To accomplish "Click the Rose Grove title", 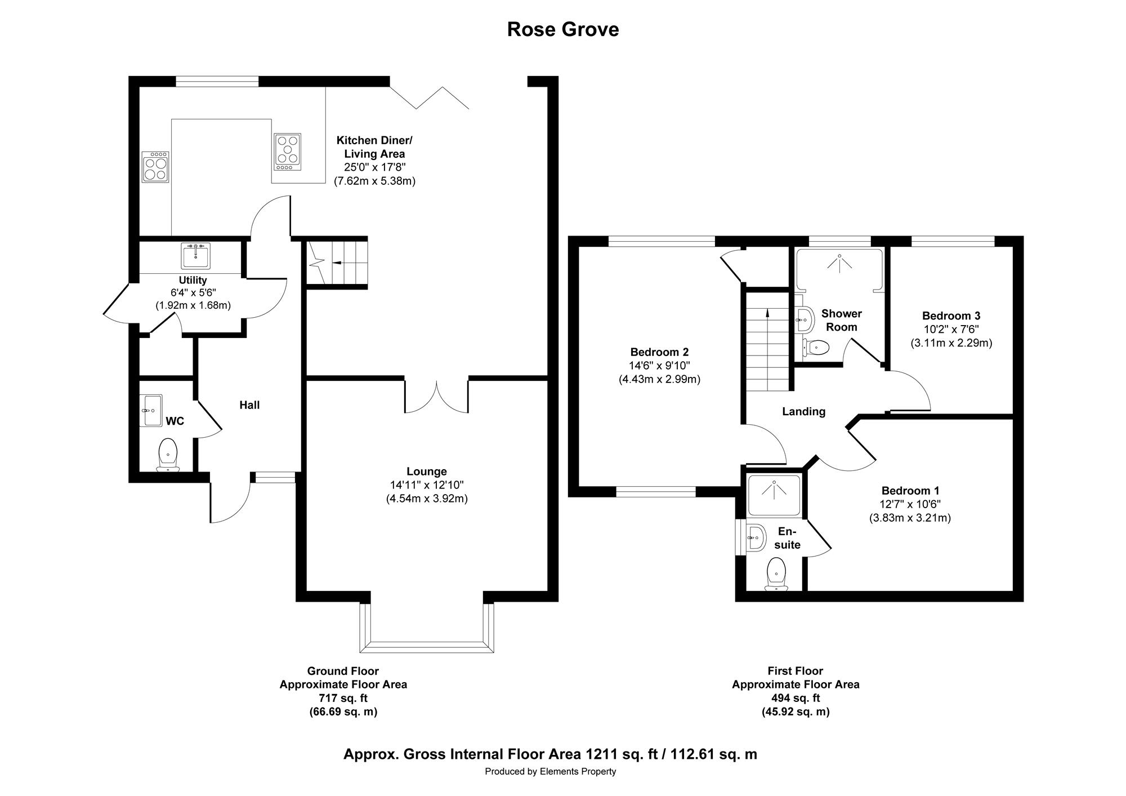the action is (x=563, y=29).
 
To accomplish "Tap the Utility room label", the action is (x=193, y=280).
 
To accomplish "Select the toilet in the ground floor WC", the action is (x=168, y=455).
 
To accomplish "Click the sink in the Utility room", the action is (x=195, y=256).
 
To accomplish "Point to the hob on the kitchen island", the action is (x=287, y=152).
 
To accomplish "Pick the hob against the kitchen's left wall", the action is (x=155, y=167).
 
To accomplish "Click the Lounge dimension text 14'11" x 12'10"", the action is (x=427, y=485).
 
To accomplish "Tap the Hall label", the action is (x=249, y=404).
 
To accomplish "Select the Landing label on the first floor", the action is (x=803, y=411).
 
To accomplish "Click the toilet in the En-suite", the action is (x=776, y=573).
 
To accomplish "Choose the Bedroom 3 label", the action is (x=951, y=315).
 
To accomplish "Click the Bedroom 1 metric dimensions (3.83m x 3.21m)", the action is (x=910, y=518).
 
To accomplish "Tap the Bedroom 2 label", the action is (x=659, y=352).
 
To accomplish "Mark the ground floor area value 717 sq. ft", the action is (x=343, y=698).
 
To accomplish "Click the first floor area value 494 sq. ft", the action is (x=796, y=698).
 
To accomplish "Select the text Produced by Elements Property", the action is (x=551, y=771).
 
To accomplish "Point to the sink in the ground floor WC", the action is (x=151, y=410).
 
